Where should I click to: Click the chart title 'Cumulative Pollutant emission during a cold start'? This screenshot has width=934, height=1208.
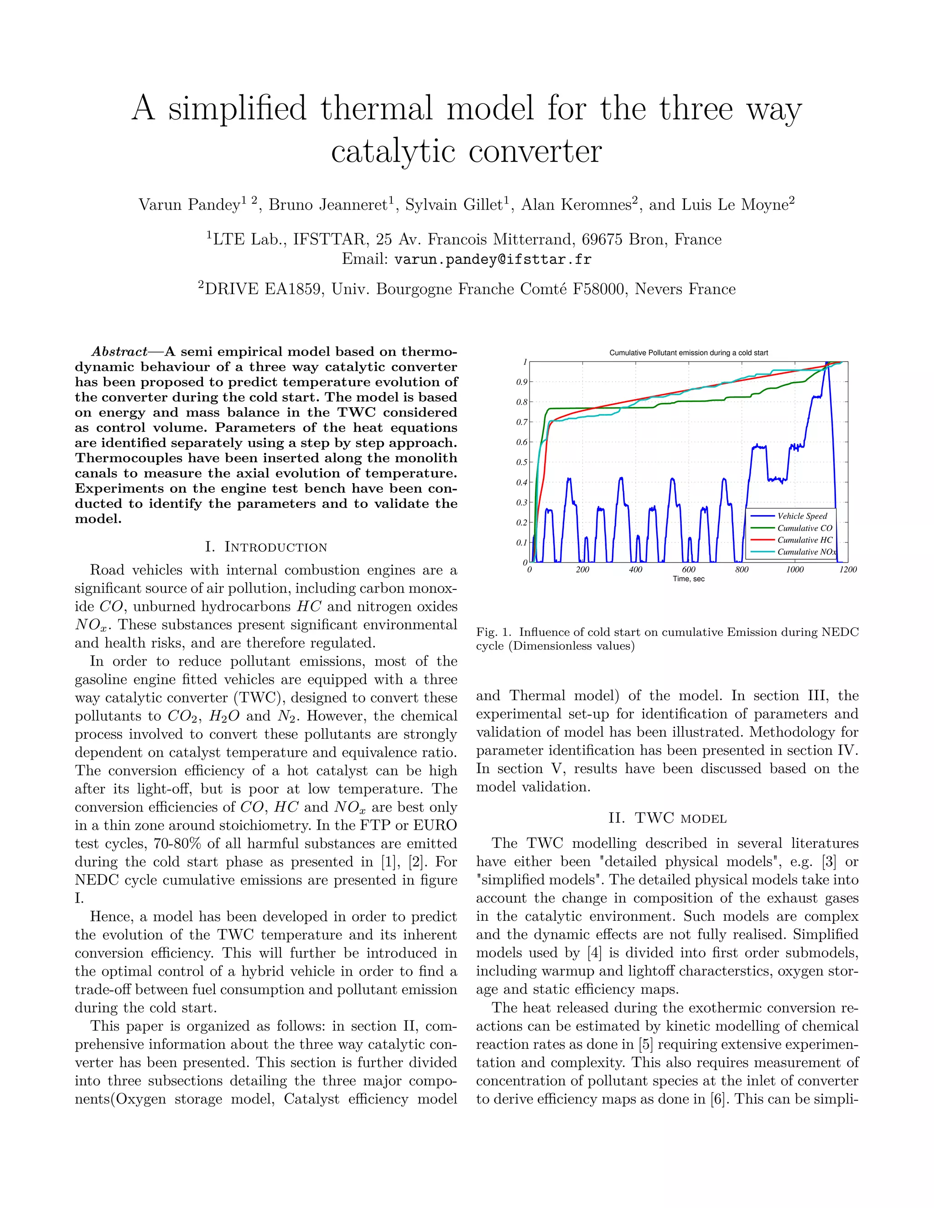[688, 352]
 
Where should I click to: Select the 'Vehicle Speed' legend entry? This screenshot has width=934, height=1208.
[802, 516]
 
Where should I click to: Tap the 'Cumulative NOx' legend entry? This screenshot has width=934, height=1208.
[806, 552]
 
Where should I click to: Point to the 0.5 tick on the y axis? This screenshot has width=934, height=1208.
[522, 462]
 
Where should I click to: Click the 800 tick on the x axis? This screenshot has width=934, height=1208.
[742, 570]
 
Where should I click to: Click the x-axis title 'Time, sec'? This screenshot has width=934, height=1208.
[688, 579]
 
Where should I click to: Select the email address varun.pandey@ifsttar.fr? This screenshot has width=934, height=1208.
[493, 259]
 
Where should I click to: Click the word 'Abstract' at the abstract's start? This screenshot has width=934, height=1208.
[119, 352]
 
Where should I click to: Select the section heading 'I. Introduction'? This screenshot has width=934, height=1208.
[266, 547]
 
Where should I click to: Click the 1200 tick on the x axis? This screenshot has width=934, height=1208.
[848, 570]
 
